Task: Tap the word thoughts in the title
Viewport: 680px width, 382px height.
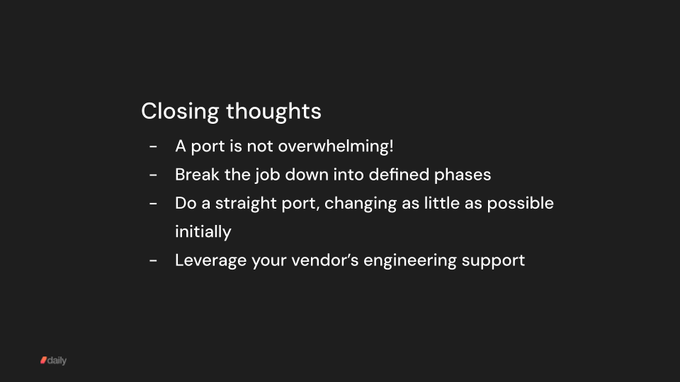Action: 273,112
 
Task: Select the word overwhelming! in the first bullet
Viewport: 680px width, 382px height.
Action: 336,146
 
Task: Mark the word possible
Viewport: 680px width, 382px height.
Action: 523,203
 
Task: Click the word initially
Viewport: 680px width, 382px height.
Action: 203,232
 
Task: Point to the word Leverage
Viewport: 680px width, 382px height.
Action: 210,260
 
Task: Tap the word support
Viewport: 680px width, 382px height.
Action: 494,261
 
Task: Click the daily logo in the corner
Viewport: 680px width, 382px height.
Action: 53,361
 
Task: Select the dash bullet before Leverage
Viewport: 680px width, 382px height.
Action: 153,260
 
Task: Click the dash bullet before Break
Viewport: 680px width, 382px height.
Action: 153,175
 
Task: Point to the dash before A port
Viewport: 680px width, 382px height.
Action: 153,146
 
